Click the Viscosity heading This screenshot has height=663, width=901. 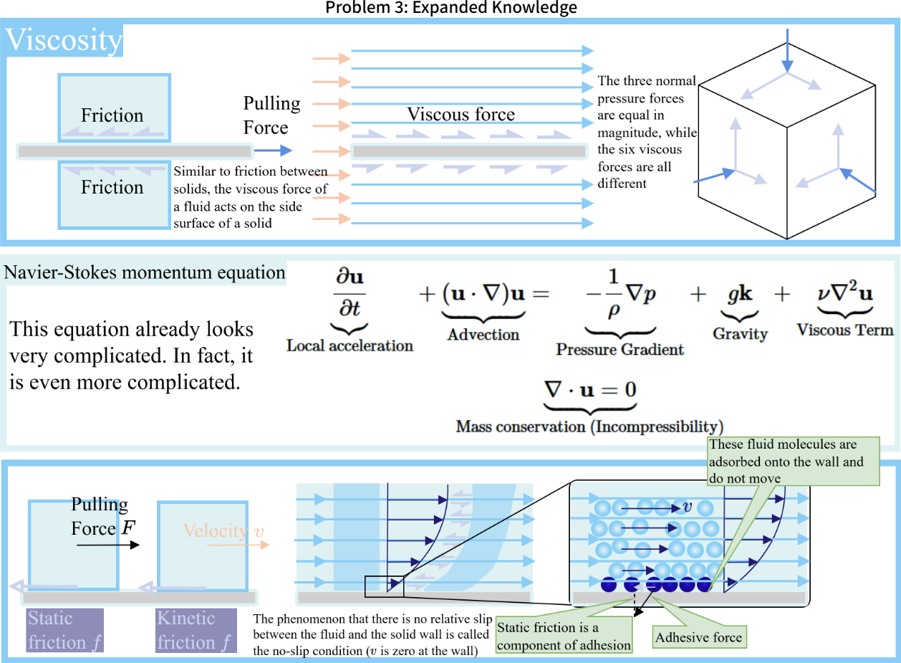coord(64,41)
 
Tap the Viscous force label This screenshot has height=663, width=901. coord(461,114)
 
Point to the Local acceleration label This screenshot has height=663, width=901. coord(350,345)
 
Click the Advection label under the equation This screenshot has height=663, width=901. coord(483,335)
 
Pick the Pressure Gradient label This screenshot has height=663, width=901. coord(620,350)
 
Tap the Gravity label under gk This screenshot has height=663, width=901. coord(740,334)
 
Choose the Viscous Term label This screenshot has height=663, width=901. coord(845,330)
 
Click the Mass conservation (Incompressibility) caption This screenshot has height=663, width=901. coord(589,426)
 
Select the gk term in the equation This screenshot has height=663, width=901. coord(740,295)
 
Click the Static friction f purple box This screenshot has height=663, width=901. coord(65,630)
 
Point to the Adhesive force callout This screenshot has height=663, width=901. coord(698,637)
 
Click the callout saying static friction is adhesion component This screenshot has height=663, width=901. coord(564,636)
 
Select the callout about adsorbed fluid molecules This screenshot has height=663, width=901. coord(791,462)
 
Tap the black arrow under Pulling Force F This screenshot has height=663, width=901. coord(108,545)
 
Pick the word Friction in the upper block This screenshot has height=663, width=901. coord(112,115)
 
